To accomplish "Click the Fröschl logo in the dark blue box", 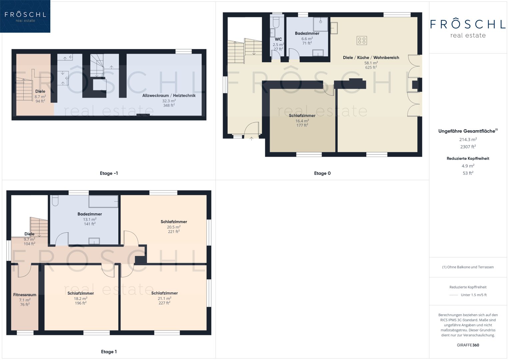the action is [25, 16].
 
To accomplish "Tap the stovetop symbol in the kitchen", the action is [362, 40].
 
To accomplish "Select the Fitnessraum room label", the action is [25, 295].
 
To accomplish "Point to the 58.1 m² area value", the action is [371, 63].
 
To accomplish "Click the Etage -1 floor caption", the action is [109, 173].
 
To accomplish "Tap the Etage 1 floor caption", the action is [109, 352].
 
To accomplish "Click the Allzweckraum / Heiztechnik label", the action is [169, 95].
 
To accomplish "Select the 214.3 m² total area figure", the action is [468, 139].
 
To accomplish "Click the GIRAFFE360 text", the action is [468, 345].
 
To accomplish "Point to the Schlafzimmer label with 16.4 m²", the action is [302, 115].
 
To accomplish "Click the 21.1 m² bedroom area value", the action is [165, 298].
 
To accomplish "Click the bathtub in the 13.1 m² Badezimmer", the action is [103, 201].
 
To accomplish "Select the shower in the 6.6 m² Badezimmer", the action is [320, 24].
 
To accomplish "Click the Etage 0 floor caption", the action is [322, 173].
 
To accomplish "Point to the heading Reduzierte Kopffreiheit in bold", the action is [468, 158].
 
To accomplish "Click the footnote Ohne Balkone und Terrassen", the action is [468, 267].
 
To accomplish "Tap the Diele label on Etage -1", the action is [40, 91].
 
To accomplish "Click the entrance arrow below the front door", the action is [251, 138].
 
